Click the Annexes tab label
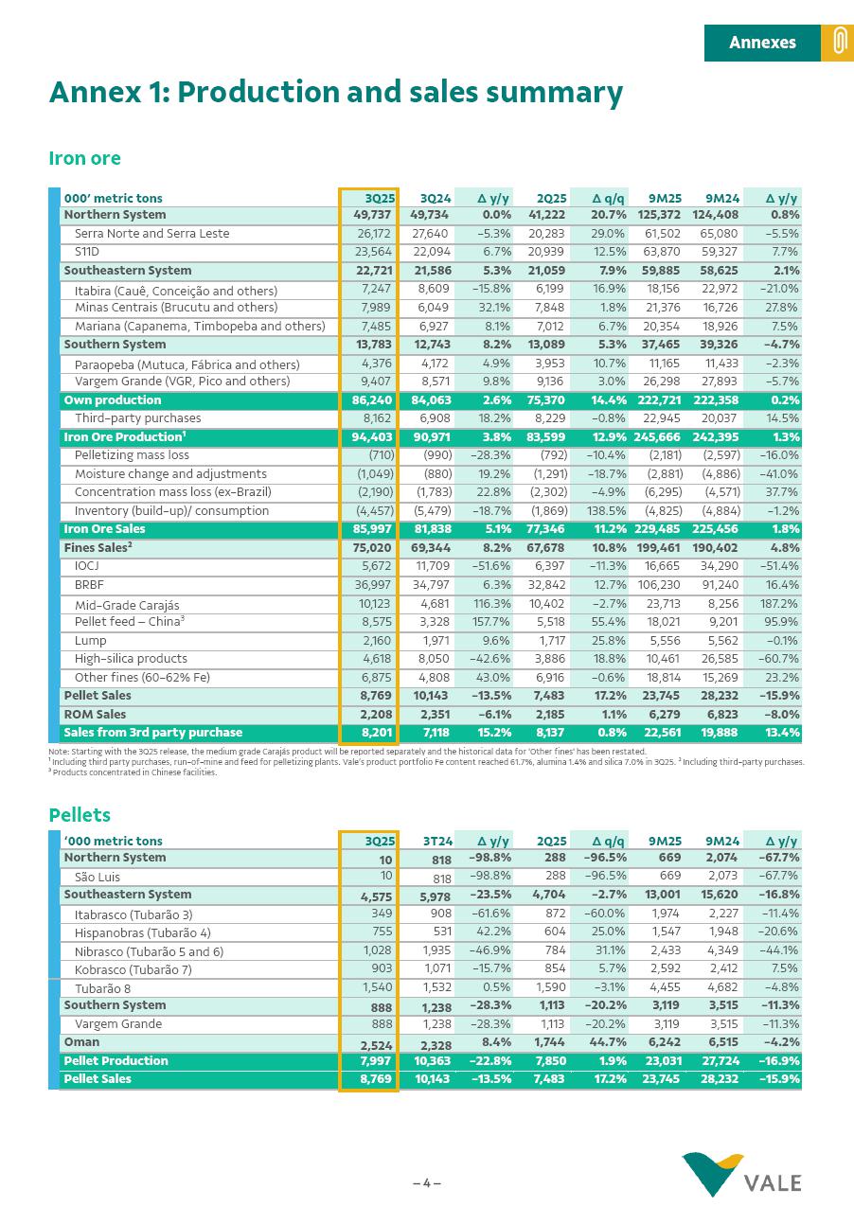[761, 43]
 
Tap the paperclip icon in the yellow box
[837, 43]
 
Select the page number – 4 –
[427, 1182]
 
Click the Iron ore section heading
[85, 158]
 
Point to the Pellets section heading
[80, 815]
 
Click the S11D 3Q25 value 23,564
[376, 252]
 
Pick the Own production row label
[99, 400]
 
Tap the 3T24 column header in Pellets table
[437, 841]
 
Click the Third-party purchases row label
[137, 418]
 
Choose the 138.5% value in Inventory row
[606, 511]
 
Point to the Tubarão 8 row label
[102, 988]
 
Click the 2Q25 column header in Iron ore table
[551, 198]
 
